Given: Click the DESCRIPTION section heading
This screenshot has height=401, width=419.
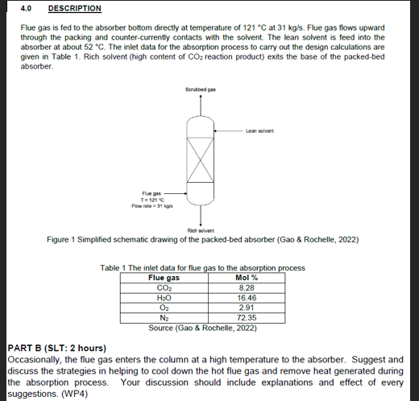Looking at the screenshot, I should [x=75, y=9].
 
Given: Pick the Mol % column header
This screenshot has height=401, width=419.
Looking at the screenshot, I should [x=247, y=278].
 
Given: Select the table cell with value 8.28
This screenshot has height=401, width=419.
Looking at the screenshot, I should [x=247, y=287].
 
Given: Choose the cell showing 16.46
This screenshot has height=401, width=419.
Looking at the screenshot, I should [x=247, y=298].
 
